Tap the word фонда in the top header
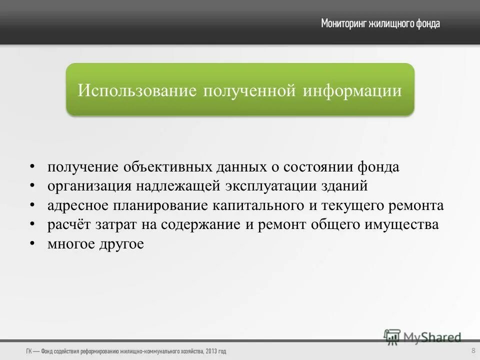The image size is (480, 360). click(x=428, y=23)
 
